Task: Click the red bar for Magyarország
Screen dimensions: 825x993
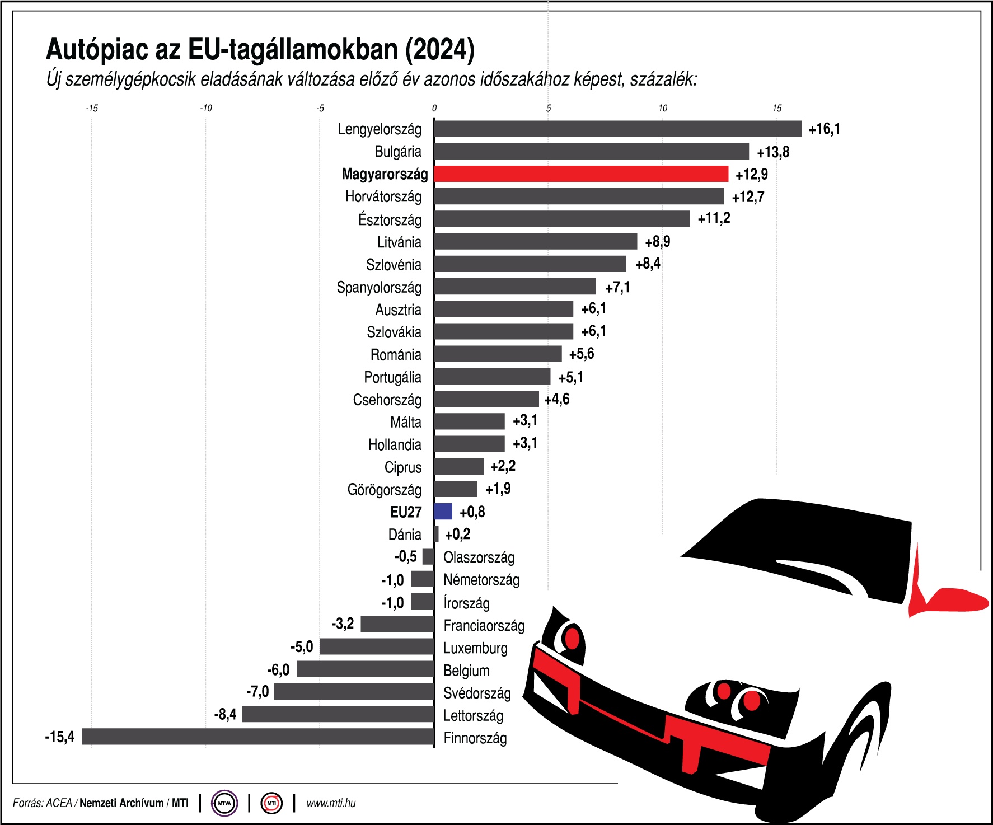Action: (x=581, y=174)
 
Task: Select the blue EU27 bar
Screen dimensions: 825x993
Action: (x=443, y=512)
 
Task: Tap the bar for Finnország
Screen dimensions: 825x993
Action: (x=257, y=737)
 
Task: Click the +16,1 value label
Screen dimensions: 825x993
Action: (x=824, y=129)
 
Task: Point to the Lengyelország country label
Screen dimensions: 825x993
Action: (x=380, y=129)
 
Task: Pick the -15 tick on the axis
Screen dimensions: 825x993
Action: (x=92, y=109)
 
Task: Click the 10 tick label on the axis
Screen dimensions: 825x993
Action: (x=662, y=109)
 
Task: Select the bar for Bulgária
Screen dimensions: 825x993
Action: (x=591, y=152)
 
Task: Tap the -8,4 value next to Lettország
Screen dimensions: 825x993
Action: (x=225, y=714)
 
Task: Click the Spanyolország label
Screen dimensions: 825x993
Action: (x=379, y=288)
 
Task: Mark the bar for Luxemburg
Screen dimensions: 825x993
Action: (x=376, y=647)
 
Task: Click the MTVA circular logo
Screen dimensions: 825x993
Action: (x=224, y=803)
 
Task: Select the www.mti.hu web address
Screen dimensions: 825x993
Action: (x=331, y=803)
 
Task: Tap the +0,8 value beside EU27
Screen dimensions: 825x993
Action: (x=472, y=512)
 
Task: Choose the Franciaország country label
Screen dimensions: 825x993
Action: (x=484, y=625)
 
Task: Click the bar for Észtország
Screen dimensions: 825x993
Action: (x=561, y=219)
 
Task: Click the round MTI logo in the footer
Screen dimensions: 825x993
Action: (x=271, y=803)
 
